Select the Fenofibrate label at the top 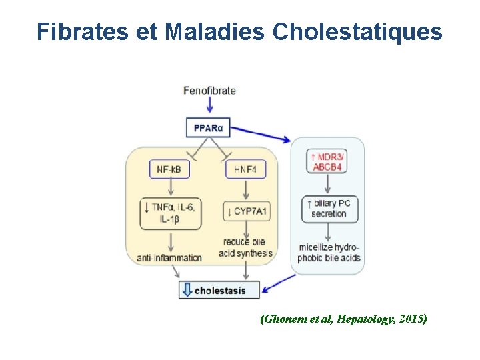coord(209,91)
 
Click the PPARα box coord(209,127)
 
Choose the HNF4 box coord(245,170)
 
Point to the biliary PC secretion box coord(329,208)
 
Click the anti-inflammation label coord(169,257)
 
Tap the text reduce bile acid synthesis coord(246,247)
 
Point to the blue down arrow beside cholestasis coord(187,290)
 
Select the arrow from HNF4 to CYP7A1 coord(245,189)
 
